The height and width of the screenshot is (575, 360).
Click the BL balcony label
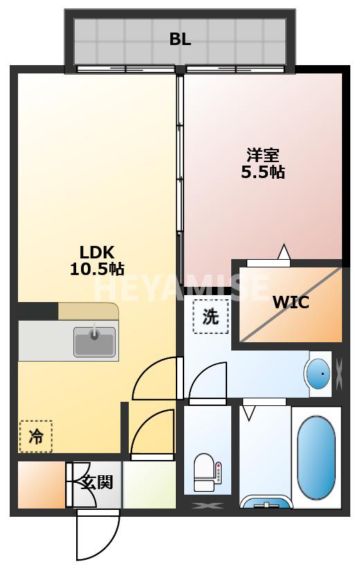pos(180,39)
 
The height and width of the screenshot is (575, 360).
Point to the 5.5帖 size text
pos(263,172)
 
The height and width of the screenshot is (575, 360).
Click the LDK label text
pos(96,251)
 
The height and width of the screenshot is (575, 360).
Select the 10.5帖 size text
pos(97,269)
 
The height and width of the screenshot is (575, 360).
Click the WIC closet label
pos(291,302)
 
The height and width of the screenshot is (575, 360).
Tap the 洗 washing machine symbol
pos(210,317)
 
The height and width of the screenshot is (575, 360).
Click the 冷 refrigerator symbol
pos(35,436)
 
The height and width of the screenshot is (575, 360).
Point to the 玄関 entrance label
pos(96,482)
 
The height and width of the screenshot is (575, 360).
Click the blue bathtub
pos(316,457)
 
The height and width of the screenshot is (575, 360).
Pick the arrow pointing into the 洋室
pos(283,251)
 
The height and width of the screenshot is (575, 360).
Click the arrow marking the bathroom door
pos(249,413)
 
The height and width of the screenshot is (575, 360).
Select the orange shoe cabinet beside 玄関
pos(41,484)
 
